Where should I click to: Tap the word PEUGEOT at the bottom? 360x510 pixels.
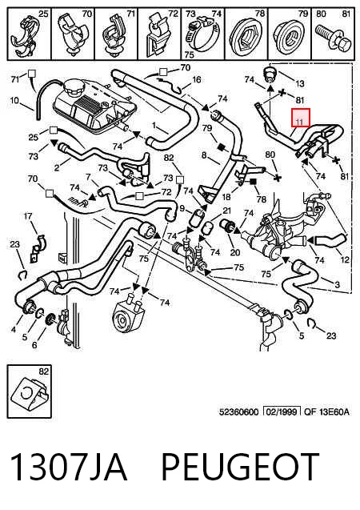click(240, 467)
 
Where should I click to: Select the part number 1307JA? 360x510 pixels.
click(69, 467)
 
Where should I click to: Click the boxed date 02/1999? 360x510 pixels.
click(282, 412)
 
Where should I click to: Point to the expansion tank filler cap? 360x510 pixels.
click(74, 87)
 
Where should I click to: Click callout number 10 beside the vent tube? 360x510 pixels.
click(15, 101)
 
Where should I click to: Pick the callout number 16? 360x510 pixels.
click(197, 80)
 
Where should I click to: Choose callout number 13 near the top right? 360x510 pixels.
click(300, 83)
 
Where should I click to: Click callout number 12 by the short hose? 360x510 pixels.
click(345, 259)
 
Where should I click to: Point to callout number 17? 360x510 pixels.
click(28, 215)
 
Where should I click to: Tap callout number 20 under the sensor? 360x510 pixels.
click(235, 252)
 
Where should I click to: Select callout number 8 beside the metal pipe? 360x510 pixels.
click(204, 155)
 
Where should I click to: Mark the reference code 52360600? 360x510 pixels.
click(239, 412)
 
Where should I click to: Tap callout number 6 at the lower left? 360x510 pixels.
click(34, 345)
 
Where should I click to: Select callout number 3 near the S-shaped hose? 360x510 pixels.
click(337, 285)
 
